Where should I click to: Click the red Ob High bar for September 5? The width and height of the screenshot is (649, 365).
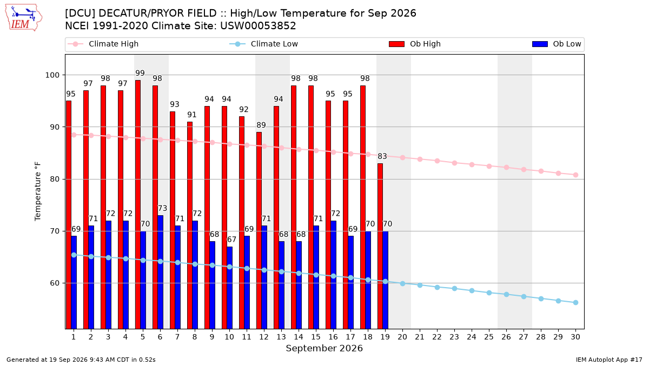[x=138, y=204]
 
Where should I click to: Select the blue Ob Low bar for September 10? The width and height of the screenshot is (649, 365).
[x=229, y=288]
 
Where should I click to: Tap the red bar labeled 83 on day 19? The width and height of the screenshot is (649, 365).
[x=380, y=246]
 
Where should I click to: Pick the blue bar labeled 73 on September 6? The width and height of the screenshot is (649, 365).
[x=160, y=272]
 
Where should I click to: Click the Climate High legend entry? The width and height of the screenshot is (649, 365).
[x=103, y=44]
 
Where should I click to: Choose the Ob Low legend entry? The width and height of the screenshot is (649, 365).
[x=557, y=44]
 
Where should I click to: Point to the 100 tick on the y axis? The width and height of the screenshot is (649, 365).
[x=52, y=75]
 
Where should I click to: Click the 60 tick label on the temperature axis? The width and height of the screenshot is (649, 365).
[x=55, y=283]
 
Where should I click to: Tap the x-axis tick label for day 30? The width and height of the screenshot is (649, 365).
[x=575, y=337]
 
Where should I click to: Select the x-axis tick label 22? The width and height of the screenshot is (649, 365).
[x=437, y=337]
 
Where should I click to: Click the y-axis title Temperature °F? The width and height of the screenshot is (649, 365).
[x=38, y=191]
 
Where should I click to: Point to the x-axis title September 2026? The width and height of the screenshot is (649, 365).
[x=324, y=348]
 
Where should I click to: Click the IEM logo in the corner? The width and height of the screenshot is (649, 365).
[x=24, y=18]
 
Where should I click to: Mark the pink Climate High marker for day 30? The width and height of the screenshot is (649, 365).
[x=575, y=175]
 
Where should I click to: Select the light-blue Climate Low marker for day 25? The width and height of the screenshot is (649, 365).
[x=489, y=293]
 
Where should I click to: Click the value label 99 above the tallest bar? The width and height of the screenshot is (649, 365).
[x=140, y=73]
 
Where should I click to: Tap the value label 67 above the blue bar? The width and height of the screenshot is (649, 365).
[x=231, y=240]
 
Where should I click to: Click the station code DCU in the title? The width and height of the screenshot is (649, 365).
[x=79, y=14]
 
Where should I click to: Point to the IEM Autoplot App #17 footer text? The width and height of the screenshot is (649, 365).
[x=609, y=360]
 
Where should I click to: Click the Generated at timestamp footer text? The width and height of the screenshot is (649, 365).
[x=81, y=360]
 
